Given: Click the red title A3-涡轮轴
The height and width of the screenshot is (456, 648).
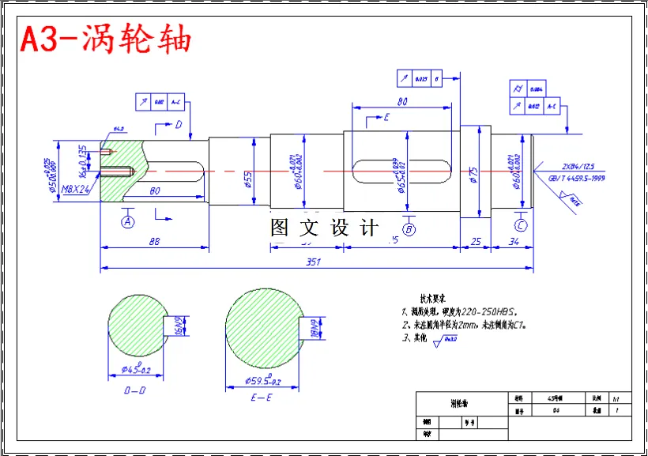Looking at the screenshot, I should [x=105, y=39].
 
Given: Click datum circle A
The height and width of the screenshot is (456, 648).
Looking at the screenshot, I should [x=128, y=222].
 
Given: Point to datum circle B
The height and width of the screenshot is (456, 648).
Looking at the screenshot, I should [x=409, y=229].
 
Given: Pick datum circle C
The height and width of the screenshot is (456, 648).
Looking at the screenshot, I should [x=521, y=225].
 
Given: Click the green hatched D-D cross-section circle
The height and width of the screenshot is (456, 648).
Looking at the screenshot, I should [x=135, y=325].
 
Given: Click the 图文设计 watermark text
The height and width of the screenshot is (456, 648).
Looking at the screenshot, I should [x=324, y=228].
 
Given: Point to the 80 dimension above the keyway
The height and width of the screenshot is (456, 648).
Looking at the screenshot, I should [x=402, y=101].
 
